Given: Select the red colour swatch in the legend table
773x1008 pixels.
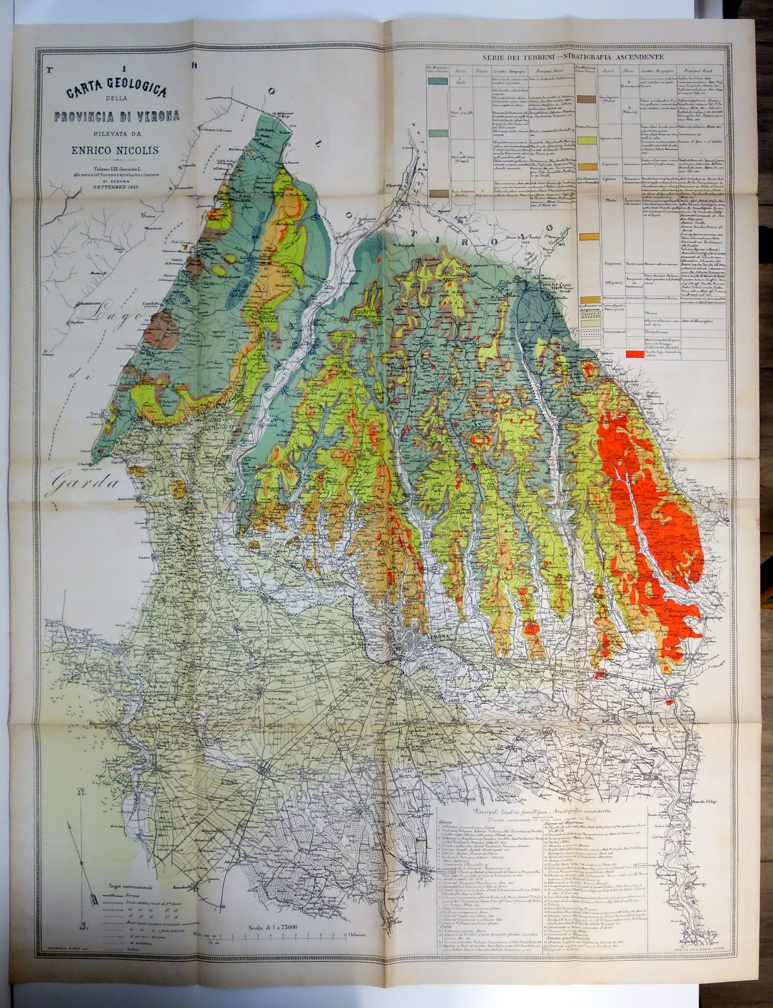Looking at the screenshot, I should (x=635, y=354).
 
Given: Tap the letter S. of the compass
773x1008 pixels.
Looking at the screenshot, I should (x=83, y=925).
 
